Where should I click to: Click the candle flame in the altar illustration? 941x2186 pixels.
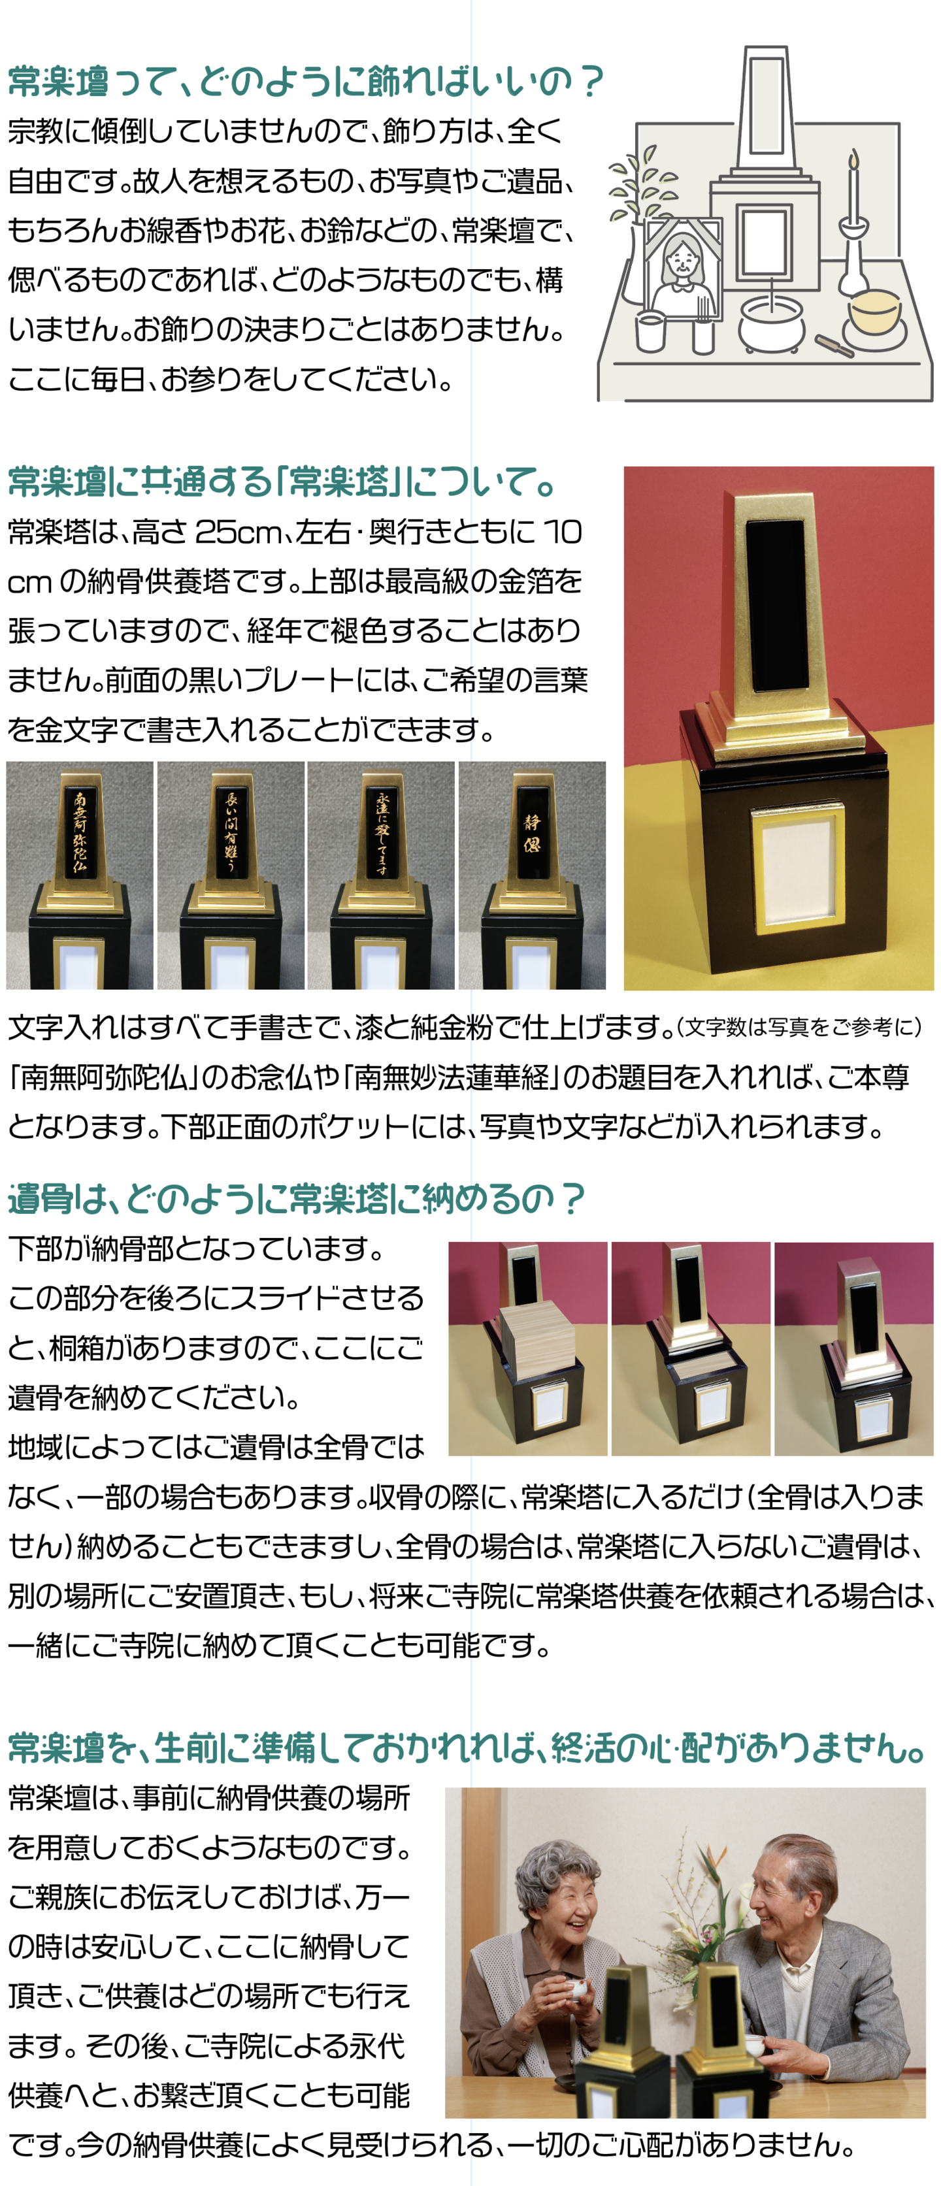[x=853, y=159]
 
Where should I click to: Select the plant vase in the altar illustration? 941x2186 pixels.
[x=633, y=264]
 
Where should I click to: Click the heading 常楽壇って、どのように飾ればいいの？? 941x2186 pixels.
[x=305, y=82]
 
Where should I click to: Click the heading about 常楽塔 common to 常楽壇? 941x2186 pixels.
[x=282, y=482]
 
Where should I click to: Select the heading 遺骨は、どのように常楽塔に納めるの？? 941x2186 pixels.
[x=295, y=1198]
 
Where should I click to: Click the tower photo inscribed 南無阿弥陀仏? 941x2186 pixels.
[x=80, y=875]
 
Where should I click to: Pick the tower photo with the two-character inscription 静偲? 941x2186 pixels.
[x=532, y=875]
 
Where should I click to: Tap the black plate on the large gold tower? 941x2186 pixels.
[x=776, y=596]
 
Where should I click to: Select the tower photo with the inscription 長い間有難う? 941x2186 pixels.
[x=231, y=875]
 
